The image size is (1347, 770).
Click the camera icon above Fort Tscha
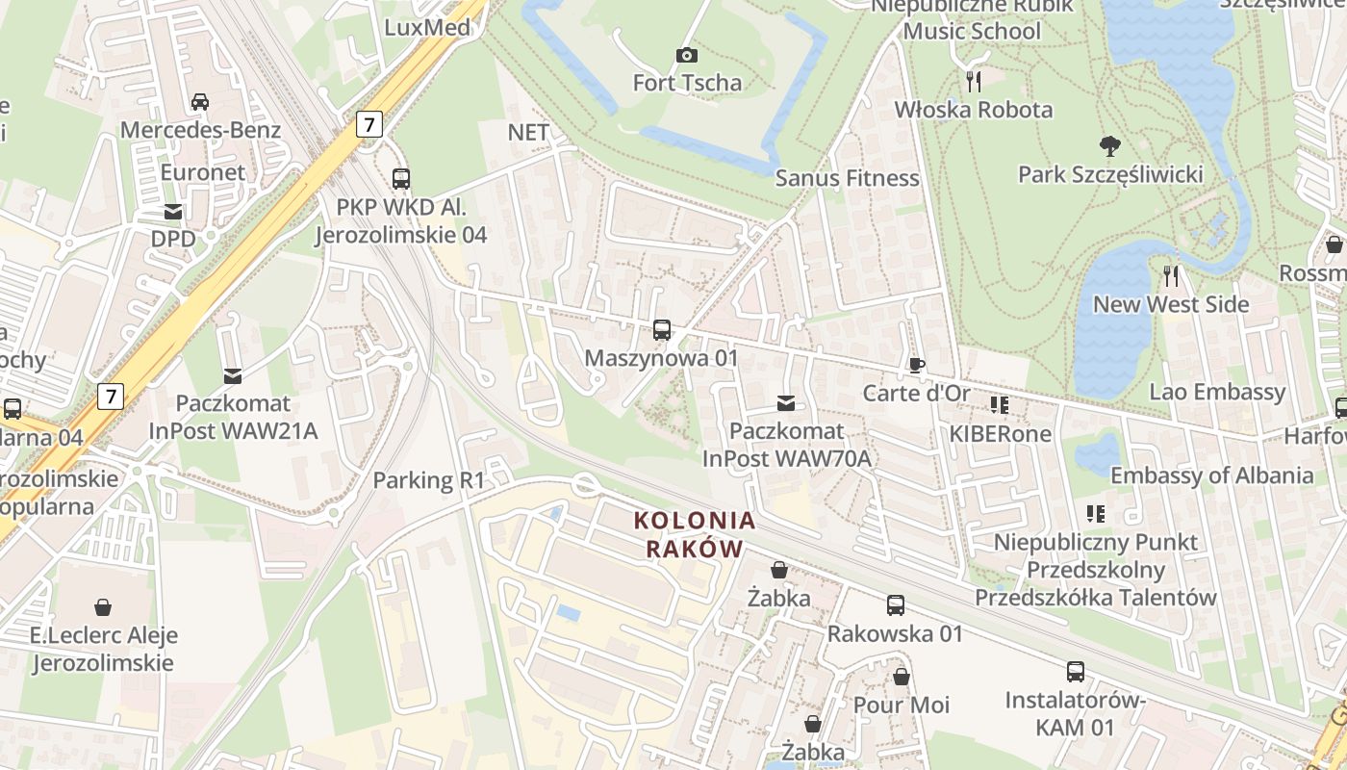tap(686, 55)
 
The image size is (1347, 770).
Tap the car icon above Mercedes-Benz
tap(200, 102)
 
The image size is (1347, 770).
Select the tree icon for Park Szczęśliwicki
tap(1110, 146)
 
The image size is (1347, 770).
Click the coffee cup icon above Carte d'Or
tap(916, 366)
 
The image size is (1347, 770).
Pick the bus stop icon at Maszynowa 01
tap(662, 330)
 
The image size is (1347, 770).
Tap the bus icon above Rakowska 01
tap(896, 605)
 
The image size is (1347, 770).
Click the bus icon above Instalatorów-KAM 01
tap(1075, 672)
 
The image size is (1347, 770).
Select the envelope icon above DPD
tap(173, 212)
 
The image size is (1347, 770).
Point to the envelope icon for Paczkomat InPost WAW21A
tap(233, 375)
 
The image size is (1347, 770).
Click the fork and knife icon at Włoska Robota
tap(974, 81)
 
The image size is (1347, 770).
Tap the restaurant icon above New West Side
tap(1171, 276)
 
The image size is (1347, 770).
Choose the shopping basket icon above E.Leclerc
tap(103, 607)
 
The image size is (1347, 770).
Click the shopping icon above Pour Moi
tap(902, 677)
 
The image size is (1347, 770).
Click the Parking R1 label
tap(429, 479)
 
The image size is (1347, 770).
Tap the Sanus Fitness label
tap(848, 178)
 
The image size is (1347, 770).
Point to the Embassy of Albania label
tap(1211, 475)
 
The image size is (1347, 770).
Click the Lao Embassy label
tap(1217, 392)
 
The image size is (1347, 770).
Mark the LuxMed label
tap(427, 27)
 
